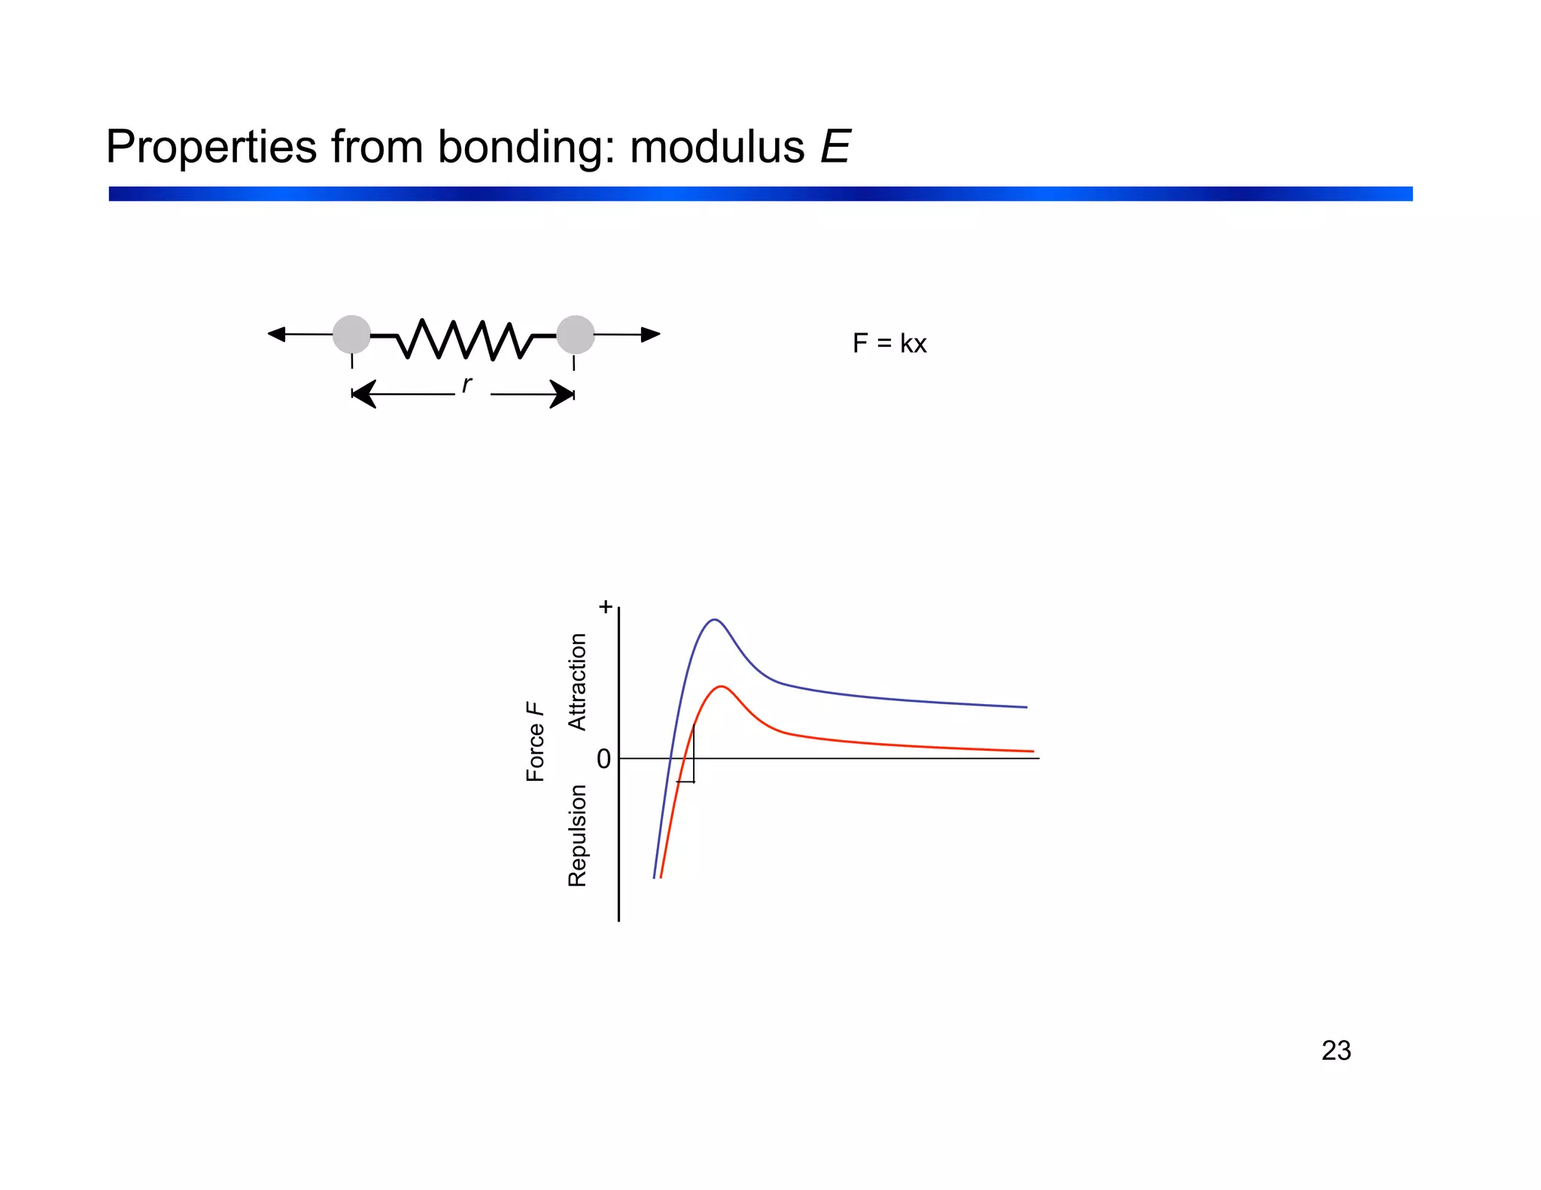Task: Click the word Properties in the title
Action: tap(211, 147)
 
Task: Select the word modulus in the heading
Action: tap(716, 147)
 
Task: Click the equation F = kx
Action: tap(889, 344)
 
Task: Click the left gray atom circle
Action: tap(351, 335)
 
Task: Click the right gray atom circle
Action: tap(576, 335)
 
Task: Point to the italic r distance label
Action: tap(467, 384)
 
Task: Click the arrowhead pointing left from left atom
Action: tap(277, 334)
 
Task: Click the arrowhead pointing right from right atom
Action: tap(651, 335)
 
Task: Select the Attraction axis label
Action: tap(577, 682)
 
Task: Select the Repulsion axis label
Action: tap(577, 835)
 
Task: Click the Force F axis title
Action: tap(535, 742)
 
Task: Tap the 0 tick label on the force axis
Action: tap(603, 760)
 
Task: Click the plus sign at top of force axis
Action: tap(605, 607)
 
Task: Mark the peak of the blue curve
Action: tap(714, 620)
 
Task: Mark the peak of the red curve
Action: tap(722, 686)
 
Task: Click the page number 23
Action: tap(1336, 1051)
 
